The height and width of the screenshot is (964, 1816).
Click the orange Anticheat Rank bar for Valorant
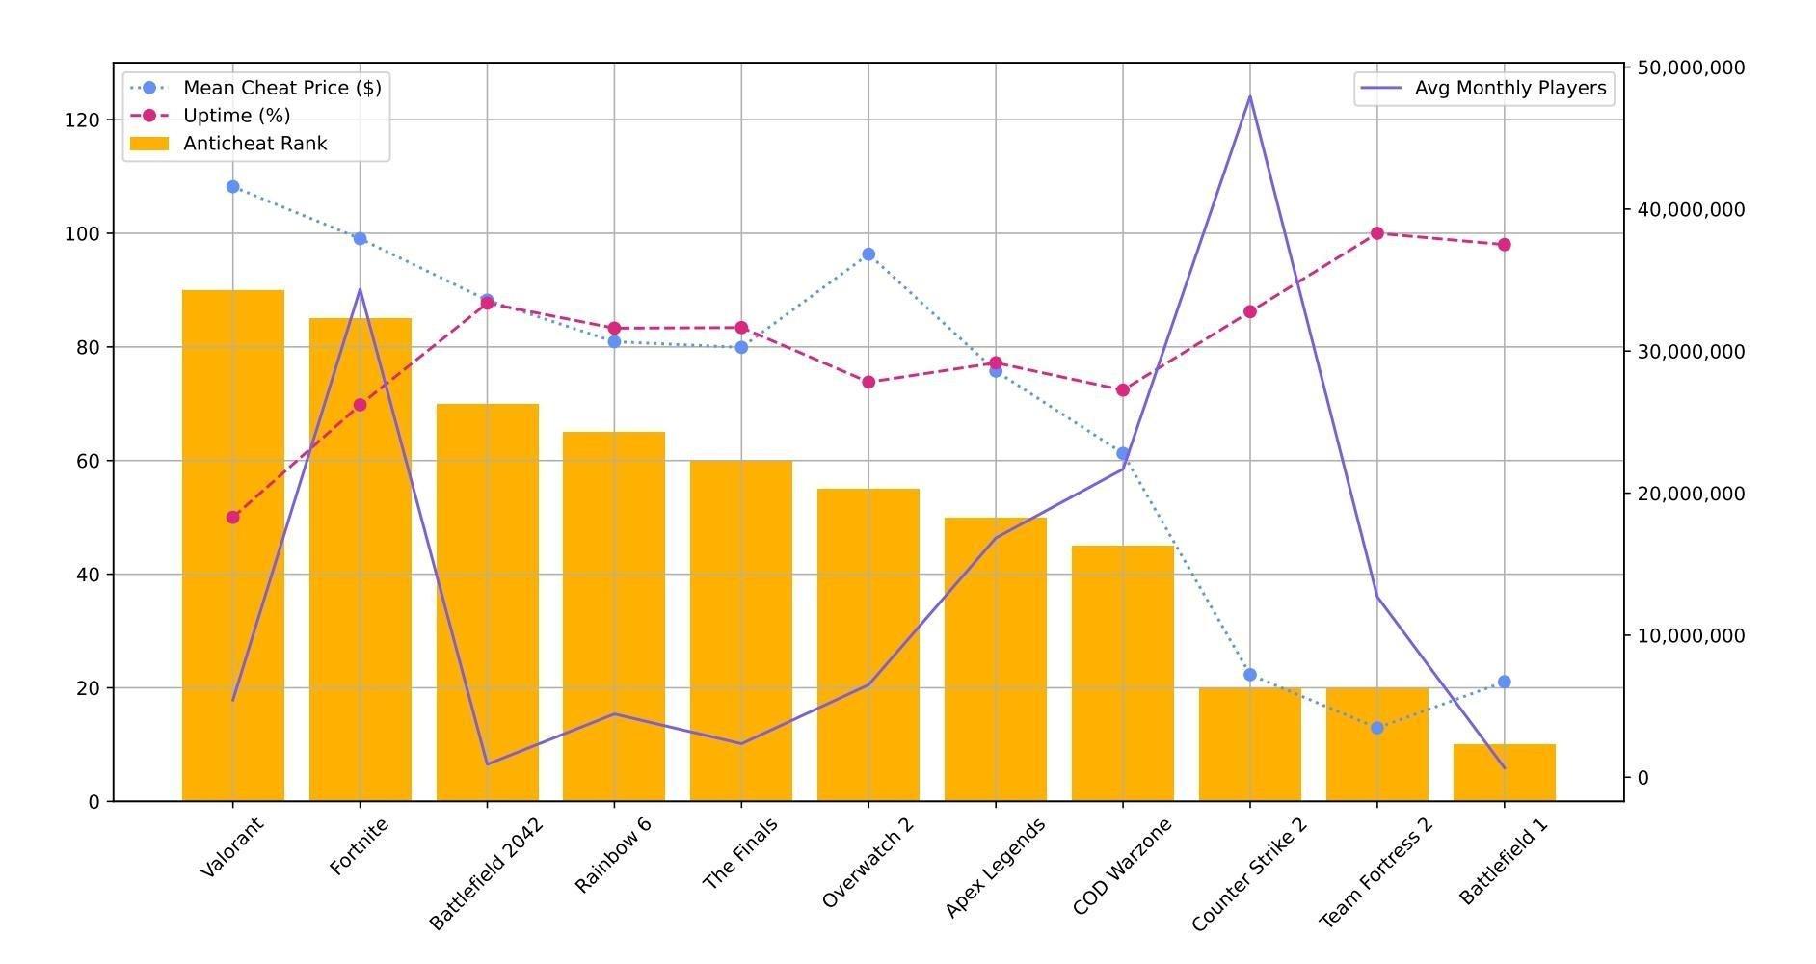coord(232,545)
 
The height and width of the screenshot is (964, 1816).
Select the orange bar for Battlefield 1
coord(1504,772)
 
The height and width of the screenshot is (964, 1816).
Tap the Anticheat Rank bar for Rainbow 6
coord(614,616)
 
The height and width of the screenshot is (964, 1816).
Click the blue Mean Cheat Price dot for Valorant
coord(232,187)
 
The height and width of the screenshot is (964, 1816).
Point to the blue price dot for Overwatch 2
coord(868,254)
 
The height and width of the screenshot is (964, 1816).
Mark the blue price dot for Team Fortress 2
coord(1376,728)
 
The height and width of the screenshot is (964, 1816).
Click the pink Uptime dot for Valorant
coord(232,518)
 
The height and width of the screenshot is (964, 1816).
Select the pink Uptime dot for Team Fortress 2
coord(1376,233)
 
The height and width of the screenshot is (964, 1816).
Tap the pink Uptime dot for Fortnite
coord(360,405)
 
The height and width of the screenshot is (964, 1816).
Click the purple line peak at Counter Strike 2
coord(1250,96)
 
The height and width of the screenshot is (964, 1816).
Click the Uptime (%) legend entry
coord(236,116)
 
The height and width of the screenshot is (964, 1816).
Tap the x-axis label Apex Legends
coord(995,868)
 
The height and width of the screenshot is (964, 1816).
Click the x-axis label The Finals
coord(739,853)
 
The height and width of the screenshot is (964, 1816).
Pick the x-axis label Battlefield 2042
coord(486,873)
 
